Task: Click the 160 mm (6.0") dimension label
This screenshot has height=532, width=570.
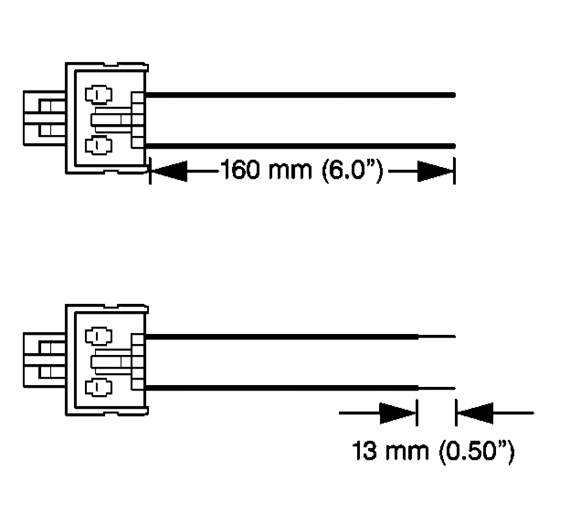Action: (x=301, y=170)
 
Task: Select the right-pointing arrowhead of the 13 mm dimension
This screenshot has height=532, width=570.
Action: (x=398, y=413)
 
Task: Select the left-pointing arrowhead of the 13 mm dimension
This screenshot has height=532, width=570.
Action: (x=475, y=413)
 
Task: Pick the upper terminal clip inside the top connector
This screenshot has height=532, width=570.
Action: (x=99, y=94)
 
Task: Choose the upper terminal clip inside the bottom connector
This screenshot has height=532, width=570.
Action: (x=99, y=336)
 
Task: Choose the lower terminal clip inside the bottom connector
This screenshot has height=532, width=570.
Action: (x=99, y=387)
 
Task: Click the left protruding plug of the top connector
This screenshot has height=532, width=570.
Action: (x=44, y=119)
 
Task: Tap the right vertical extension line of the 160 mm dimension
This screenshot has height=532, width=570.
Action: (x=454, y=171)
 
